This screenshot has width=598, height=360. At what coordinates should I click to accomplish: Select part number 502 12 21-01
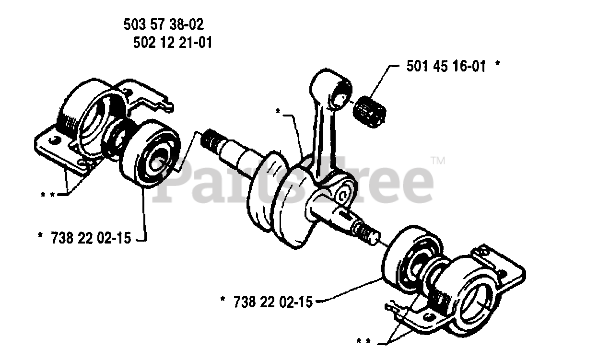172,43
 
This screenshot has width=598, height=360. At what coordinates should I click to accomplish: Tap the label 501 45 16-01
446,67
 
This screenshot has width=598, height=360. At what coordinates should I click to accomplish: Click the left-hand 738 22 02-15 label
91,238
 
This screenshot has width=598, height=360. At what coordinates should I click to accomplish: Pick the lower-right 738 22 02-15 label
273,302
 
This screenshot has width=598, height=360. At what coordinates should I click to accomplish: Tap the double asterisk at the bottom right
364,342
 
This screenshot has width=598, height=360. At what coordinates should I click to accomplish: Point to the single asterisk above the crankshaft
278,112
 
